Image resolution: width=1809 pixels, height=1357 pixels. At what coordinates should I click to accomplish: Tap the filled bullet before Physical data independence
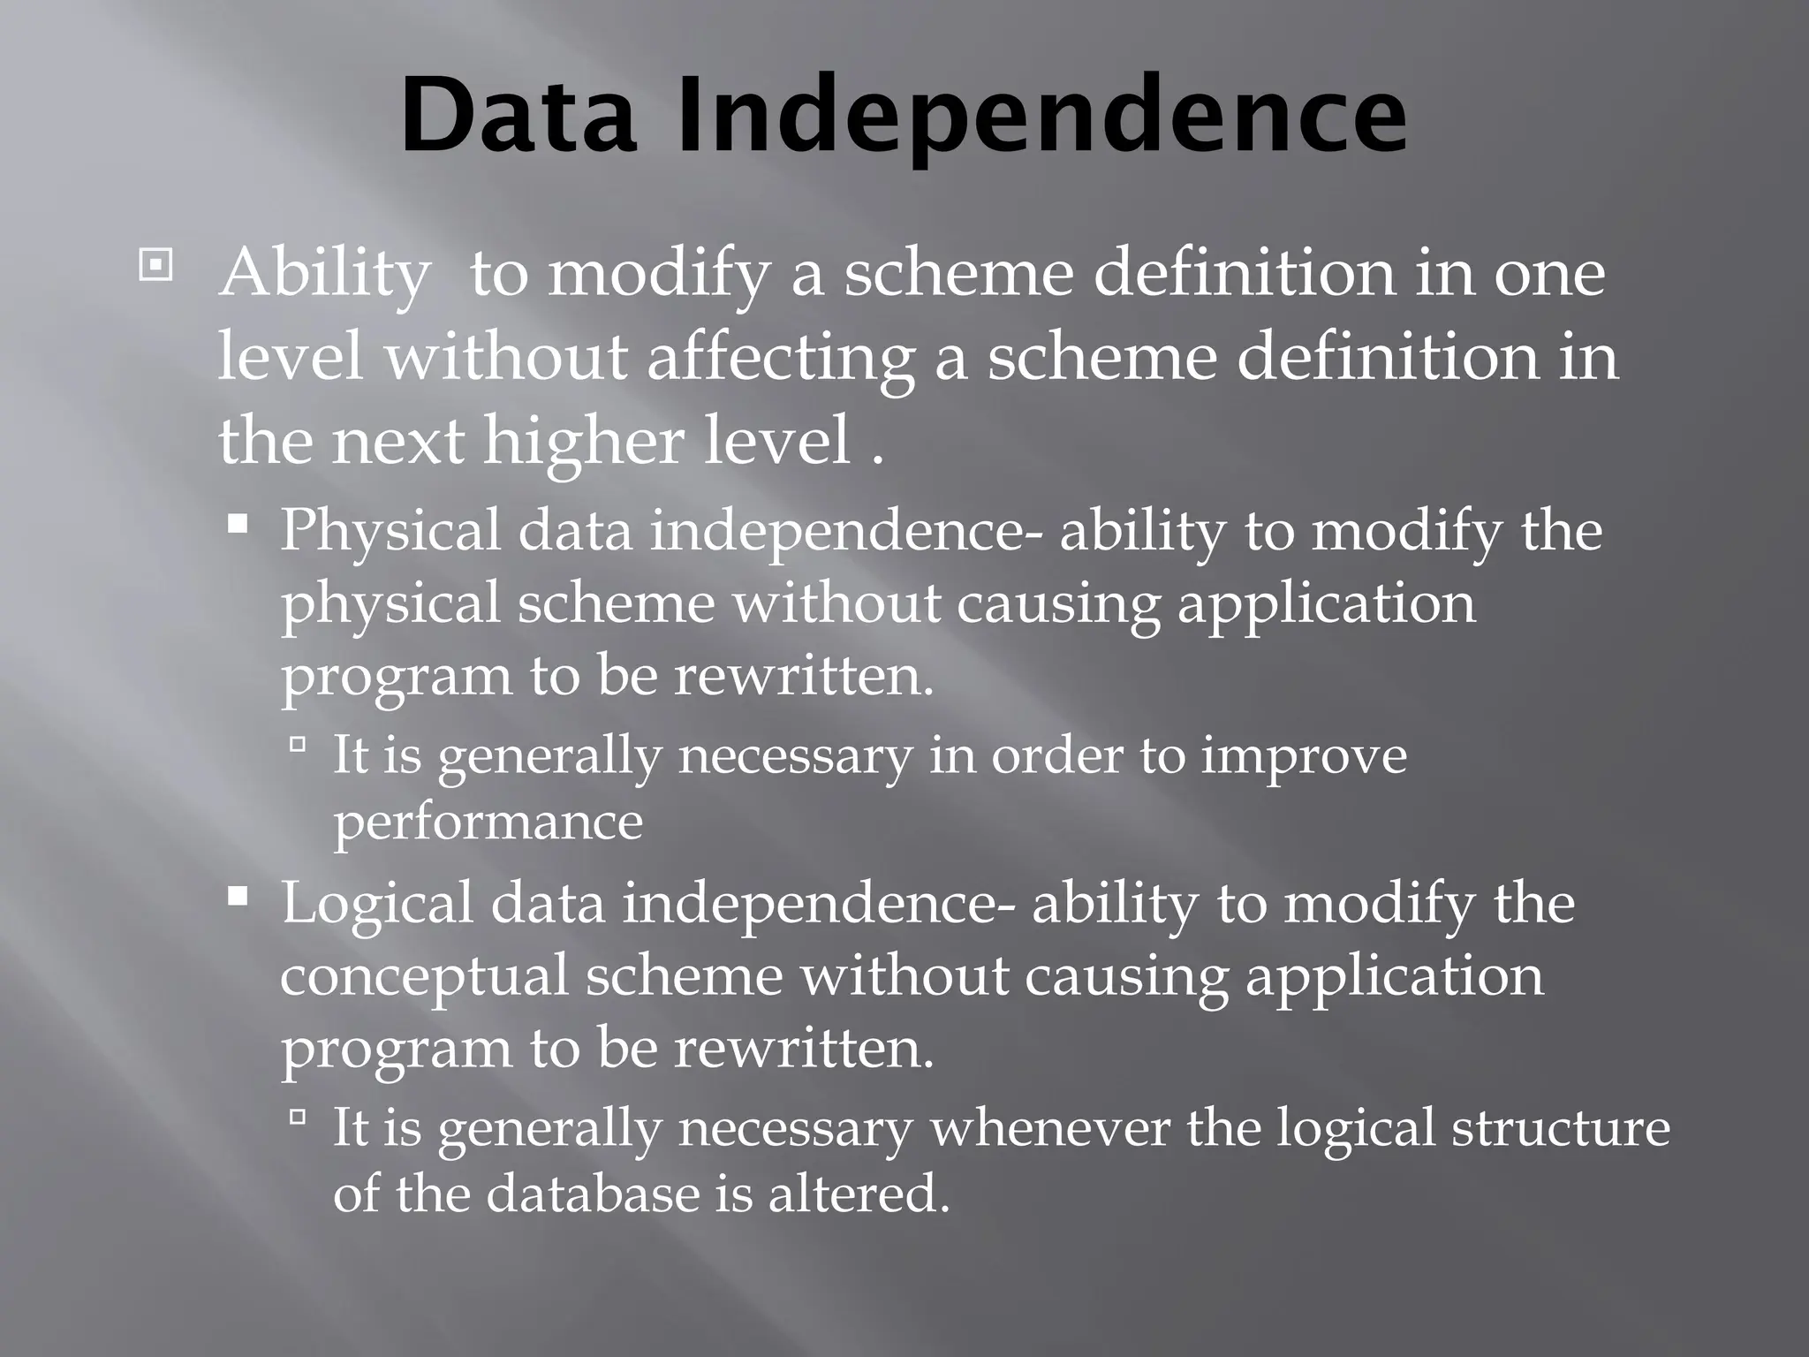237,526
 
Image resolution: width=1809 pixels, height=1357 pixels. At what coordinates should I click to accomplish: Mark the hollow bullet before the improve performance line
297,747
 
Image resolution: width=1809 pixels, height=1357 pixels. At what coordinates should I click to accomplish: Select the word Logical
377,905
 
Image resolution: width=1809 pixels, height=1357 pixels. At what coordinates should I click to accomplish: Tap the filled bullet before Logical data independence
237,898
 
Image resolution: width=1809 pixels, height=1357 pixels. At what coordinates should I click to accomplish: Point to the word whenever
1050,1128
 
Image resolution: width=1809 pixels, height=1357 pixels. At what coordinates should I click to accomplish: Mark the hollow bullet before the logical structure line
297,1119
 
